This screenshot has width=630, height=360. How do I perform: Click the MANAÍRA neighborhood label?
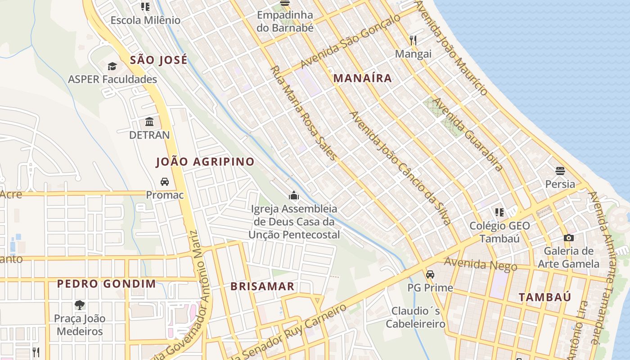coord(362,78)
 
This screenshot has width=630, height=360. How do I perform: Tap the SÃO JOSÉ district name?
coord(158,60)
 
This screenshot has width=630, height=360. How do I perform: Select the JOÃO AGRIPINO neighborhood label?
coord(205,162)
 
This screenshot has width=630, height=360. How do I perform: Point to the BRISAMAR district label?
coord(262,287)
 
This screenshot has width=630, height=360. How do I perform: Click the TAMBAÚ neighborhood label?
coord(544,297)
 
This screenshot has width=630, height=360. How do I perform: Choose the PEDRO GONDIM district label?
coord(107,284)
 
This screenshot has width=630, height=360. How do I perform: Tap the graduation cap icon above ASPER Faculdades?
coord(112,67)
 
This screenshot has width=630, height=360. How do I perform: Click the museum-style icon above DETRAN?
coord(149,122)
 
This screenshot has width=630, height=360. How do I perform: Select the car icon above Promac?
coord(165,182)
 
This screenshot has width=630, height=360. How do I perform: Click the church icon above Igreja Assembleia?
coord(294,195)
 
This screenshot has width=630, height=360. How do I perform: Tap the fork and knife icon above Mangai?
coord(413,40)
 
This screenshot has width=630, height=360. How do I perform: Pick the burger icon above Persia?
coord(560,171)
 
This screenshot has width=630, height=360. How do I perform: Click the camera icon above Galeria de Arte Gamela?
coord(568,238)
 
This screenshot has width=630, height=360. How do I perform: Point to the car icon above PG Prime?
coord(430,274)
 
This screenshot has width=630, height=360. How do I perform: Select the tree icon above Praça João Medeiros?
coord(80,305)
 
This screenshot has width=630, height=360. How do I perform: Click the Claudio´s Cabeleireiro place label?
coord(415,317)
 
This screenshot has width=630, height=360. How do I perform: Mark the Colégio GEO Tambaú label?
coord(499,232)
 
